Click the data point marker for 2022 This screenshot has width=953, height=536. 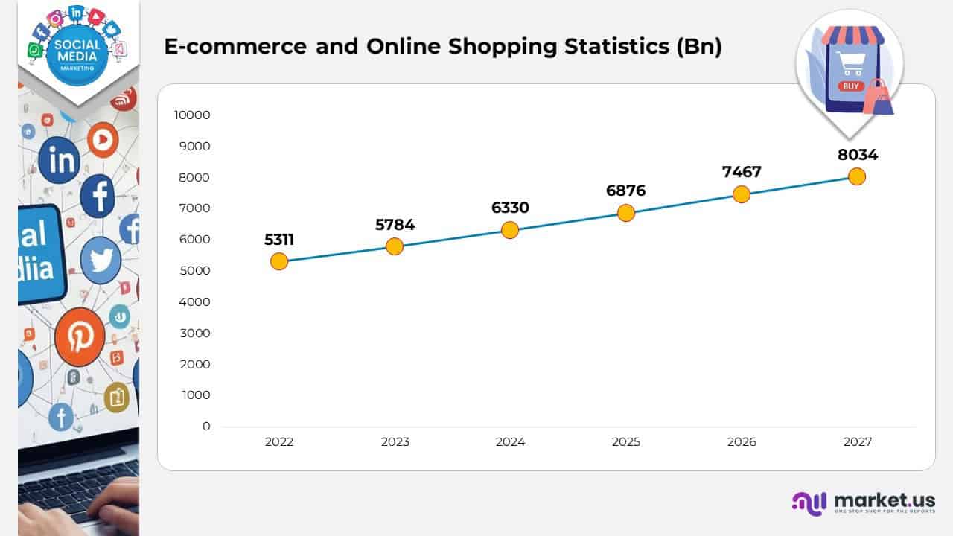[279, 261]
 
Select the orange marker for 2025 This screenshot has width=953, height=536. [626, 213]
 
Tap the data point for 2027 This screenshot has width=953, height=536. [857, 176]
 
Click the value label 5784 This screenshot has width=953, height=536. [395, 224]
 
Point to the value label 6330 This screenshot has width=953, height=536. [510, 208]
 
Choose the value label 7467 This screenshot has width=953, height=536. [742, 172]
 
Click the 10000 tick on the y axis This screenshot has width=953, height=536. [192, 115]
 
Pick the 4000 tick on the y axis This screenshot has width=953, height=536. [195, 301]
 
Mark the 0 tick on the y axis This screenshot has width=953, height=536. [206, 426]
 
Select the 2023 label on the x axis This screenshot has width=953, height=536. [395, 441]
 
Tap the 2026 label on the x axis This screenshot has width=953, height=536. [742, 441]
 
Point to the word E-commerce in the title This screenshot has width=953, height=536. [235, 46]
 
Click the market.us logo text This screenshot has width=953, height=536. [885, 500]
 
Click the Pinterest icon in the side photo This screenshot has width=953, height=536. [79, 337]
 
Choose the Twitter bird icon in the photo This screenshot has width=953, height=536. [101, 261]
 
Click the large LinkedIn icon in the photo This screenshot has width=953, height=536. [60, 160]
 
